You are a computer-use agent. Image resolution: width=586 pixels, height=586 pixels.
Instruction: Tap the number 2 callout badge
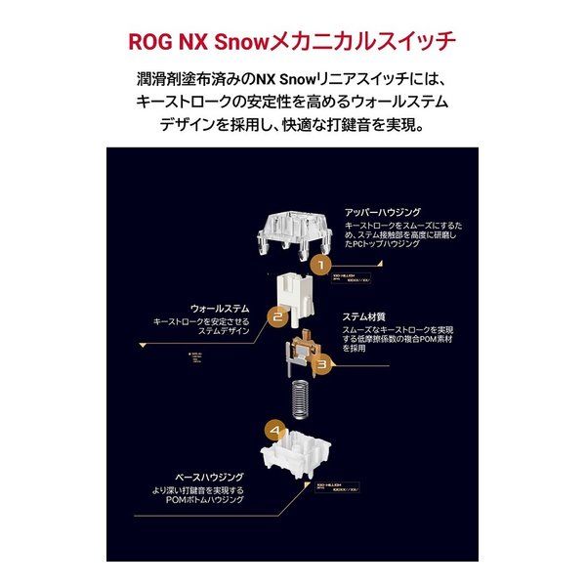tap(276, 315)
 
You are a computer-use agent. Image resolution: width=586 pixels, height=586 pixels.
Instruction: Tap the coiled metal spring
tap(298, 399)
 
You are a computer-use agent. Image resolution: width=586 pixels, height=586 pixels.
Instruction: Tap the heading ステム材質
tap(364, 316)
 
